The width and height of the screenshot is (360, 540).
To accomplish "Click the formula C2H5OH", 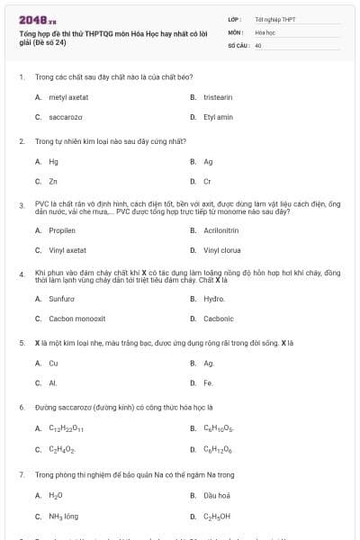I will tap(217, 517).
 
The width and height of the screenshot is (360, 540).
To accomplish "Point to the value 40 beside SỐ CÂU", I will tap(258, 44).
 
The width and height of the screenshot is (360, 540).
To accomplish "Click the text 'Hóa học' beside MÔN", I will tap(265, 31).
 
